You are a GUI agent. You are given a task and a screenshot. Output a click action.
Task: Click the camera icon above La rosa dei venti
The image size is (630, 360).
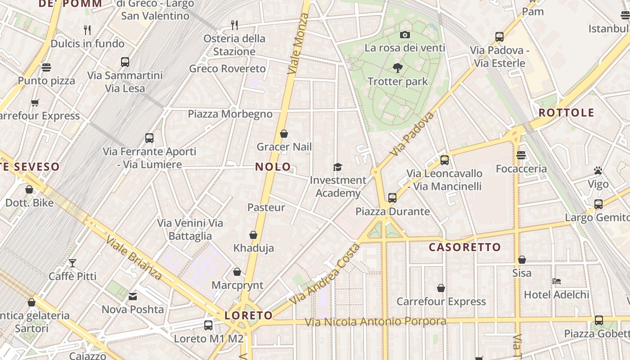click(x=405, y=35)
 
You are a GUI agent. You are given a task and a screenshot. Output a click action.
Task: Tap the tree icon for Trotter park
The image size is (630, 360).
click(x=397, y=68)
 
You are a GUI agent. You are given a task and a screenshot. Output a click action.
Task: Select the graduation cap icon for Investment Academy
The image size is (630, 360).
click(x=337, y=167)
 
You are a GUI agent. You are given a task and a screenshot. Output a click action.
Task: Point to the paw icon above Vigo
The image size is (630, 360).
click(x=598, y=171)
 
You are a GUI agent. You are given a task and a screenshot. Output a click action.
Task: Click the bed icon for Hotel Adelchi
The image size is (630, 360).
click(x=557, y=281)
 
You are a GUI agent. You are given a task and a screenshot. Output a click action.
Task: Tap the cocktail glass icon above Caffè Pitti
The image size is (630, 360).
click(x=72, y=263)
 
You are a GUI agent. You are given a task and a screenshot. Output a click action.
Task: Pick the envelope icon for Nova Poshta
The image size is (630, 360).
click(x=133, y=296)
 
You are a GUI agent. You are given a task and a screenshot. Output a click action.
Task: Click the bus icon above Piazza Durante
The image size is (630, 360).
click(x=392, y=198)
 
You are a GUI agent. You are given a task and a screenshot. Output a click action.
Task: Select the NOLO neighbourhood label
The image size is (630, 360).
click(x=273, y=166)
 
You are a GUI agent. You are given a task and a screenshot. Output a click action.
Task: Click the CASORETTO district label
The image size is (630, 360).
click(x=464, y=247)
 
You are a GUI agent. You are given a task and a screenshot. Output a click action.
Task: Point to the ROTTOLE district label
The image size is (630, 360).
click(x=566, y=112)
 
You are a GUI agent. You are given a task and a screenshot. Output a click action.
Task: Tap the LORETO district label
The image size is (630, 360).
click(x=248, y=315)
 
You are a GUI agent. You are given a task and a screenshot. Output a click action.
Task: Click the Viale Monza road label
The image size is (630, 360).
click(x=298, y=44)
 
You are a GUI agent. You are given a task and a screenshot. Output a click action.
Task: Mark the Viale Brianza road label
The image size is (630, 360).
click(x=134, y=257)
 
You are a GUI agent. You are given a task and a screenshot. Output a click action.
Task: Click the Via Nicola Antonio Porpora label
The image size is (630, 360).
click(x=375, y=322)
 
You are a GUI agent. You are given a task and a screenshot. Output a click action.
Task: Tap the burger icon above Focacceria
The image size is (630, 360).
click(x=521, y=155)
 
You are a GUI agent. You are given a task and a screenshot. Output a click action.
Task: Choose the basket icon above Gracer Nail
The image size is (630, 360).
click(x=284, y=134)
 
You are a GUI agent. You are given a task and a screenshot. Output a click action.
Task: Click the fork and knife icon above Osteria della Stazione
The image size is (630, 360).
click(x=234, y=24)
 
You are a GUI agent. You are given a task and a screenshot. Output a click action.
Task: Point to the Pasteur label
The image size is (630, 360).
click(x=266, y=207)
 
